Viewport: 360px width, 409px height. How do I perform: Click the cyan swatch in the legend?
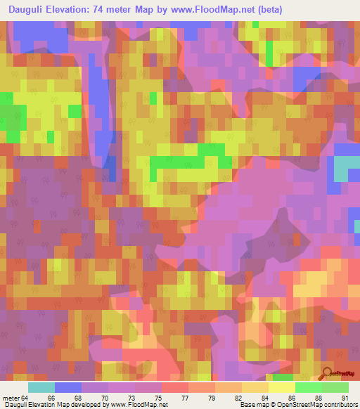tap(41, 387)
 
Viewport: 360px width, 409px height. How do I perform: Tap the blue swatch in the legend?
tap(68, 387)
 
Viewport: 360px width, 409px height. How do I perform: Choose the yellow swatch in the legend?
tap(281, 387)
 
